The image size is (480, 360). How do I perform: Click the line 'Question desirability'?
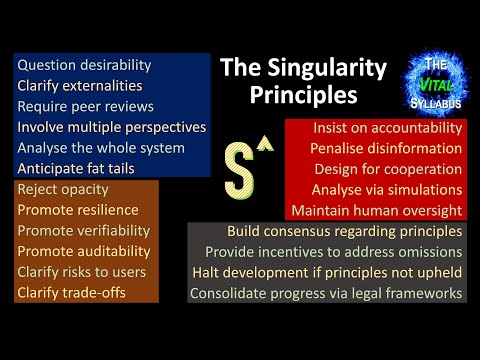coord(84,65)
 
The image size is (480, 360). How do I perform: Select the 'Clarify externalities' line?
coord(84,86)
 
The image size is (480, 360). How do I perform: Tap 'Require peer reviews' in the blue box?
coord(85,106)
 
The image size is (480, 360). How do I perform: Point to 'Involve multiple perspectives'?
coord(112,127)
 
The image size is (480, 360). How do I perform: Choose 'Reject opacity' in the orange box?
coord(63,189)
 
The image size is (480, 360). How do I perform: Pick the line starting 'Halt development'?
coord(327,273)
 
